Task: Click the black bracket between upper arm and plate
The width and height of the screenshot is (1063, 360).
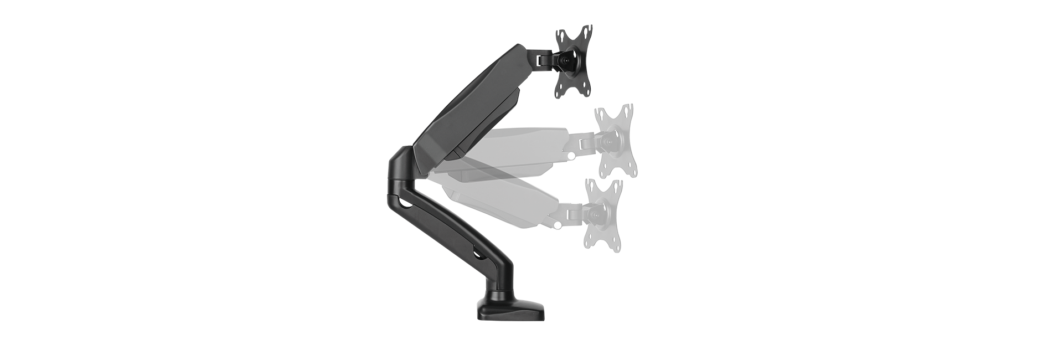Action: tap(545, 58)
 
